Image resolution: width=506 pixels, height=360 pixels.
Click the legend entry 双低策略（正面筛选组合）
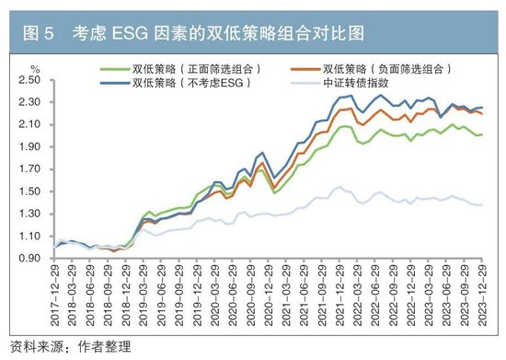click(180, 69)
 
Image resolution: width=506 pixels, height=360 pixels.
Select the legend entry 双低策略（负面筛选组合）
click(371, 69)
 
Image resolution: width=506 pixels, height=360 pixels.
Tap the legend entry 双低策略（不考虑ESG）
click(176, 83)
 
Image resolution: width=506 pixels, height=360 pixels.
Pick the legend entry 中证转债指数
click(339, 83)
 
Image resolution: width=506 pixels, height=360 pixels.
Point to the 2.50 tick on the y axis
click(29, 80)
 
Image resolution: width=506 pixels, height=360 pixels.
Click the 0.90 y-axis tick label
click(29, 259)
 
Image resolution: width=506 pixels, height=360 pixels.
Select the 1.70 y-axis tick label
click(29, 168)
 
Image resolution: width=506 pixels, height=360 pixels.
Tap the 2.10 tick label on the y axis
click(29, 124)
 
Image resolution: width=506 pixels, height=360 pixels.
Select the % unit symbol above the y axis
click(35, 69)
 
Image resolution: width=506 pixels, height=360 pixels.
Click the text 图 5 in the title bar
click(38, 33)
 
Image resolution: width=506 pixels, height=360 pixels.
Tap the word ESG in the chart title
click(130, 33)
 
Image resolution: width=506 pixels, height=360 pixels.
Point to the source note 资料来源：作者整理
click(71, 347)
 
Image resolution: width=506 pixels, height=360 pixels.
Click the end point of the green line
click(482, 134)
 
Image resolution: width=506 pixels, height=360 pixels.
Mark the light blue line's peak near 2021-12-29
click(339, 187)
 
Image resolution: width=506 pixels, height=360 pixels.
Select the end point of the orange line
click(482, 113)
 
